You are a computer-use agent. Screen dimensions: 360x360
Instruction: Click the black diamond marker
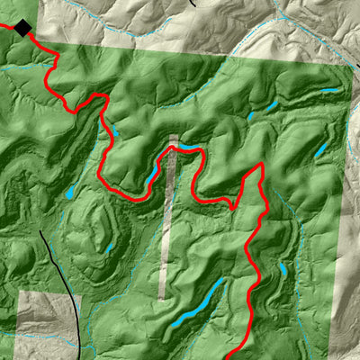(22, 29)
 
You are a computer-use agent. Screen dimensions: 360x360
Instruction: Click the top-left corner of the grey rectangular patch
(18, 292)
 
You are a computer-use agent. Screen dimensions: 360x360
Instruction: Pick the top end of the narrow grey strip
(174, 136)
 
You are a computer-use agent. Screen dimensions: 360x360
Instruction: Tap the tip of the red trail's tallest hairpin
(261, 165)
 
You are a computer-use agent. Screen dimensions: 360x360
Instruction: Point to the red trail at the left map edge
(2, 24)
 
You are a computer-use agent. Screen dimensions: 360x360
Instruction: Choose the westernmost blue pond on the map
(68, 193)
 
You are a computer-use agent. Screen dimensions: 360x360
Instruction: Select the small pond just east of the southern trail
(282, 269)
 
